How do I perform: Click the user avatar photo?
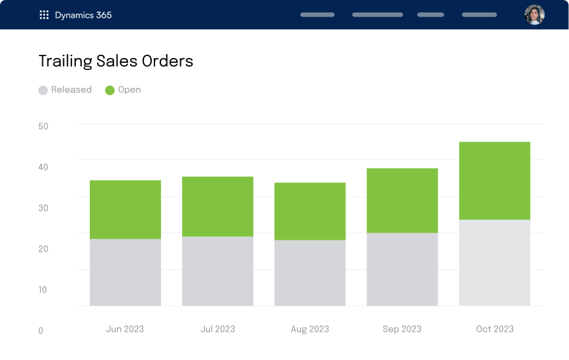pyautogui.click(x=534, y=15)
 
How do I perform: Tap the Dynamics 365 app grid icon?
pyautogui.click(x=44, y=15)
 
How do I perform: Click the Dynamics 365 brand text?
pyautogui.click(x=83, y=15)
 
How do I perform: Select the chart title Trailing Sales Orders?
pyautogui.click(x=116, y=61)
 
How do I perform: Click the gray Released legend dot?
pyautogui.click(x=43, y=90)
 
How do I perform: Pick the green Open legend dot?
pyautogui.click(x=110, y=90)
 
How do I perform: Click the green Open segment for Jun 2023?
pyautogui.click(x=125, y=209)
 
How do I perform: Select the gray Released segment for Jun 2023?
pyautogui.click(x=125, y=272)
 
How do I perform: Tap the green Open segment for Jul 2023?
pyautogui.click(x=218, y=206)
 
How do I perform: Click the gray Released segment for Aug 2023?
pyautogui.click(x=310, y=273)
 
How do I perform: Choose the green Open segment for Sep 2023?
pyautogui.click(x=403, y=200)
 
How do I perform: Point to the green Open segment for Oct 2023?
pyautogui.click(x=495, y=180)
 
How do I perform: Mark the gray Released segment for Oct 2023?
pyautogui.click(x=495, y=262)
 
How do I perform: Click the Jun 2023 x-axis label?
pyautogui.click(x=125, y=329)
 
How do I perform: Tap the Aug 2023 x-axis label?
pyautogui.click(x=310, y=329)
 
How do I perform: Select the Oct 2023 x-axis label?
pyautogui.click(x=494, y=329)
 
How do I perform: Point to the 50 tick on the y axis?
pyautogui.click(x=44, y=126)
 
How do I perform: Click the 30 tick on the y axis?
pyautogui.click(x=44, y=207)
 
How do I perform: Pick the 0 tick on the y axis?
pyautogui.click(x=41, y=330)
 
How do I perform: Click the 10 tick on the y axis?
pyautogui.click(x=44, y=289)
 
